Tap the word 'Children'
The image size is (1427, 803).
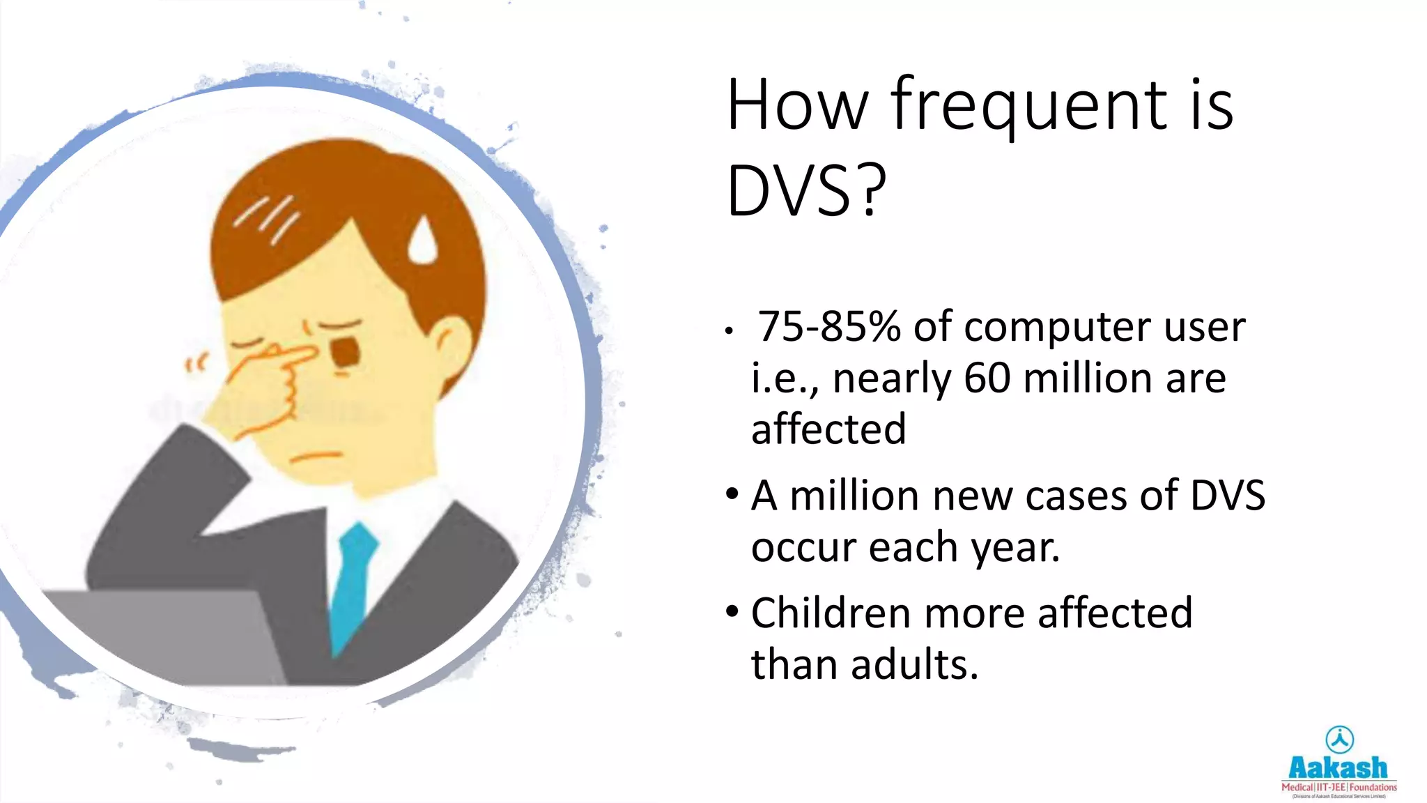pyautogui.click(x=830, y=613)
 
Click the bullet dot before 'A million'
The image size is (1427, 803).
pyautogui.click(x=732, y=494)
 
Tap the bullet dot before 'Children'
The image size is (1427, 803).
pyautogui.click(x=732, y=611)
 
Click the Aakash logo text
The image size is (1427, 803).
pyautogui.click(x=1338, y=768)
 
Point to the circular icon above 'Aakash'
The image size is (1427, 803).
pyautogui.click(x=1339, y=740)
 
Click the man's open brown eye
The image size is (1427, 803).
pyautogui.click(x=346, y=352)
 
